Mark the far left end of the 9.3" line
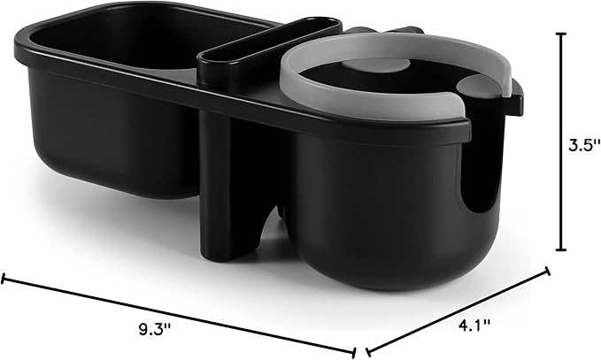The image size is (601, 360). point(4,280)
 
